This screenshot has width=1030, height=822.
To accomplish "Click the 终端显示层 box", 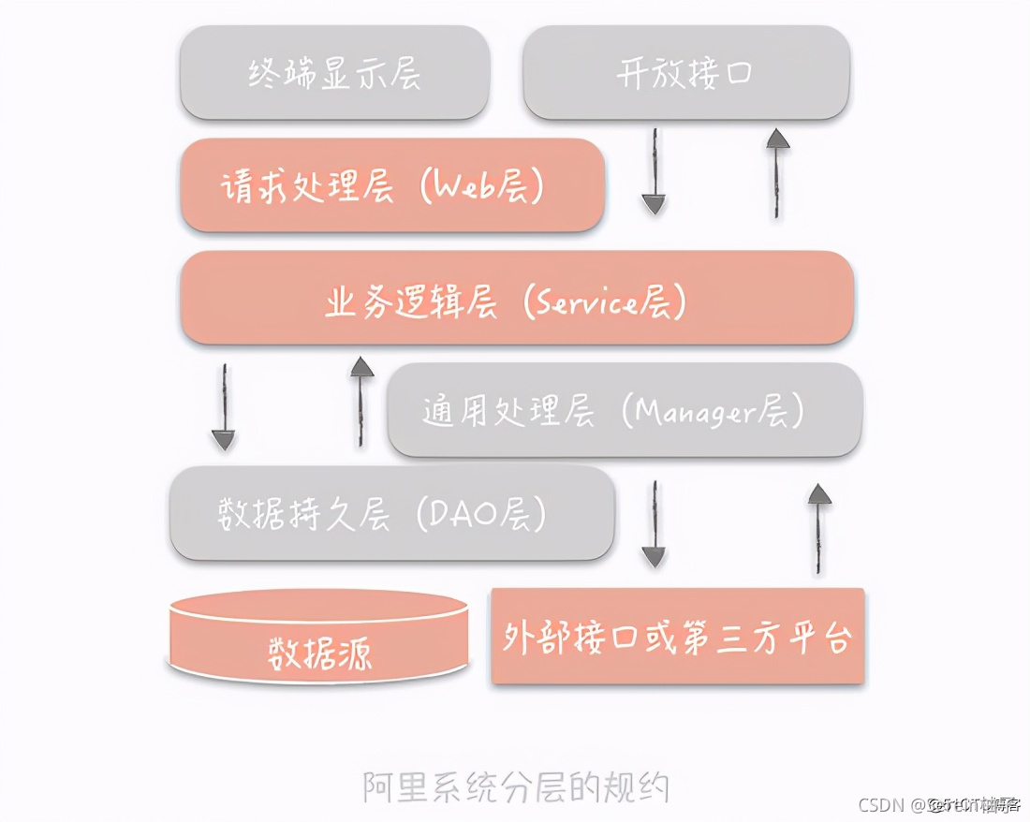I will pos(334,73).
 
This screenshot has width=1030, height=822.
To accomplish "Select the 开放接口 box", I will pos(685,73).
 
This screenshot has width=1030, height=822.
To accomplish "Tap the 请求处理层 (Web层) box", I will pos(391,185).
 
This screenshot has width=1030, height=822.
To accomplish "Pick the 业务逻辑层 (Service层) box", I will pos(516,299).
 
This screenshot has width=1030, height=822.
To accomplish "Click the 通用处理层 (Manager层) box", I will pos(624,410).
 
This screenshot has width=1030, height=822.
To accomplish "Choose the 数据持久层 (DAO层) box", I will pos(391,513).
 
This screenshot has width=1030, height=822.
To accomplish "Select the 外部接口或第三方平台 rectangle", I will pos(677,637).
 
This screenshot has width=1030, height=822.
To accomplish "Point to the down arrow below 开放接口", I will pos(654,172).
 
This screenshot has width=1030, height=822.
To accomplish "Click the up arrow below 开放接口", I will pos(777,173).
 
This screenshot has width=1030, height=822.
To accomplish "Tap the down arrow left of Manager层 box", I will pos(223,406).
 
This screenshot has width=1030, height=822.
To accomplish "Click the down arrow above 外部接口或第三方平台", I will pos(654,524).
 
